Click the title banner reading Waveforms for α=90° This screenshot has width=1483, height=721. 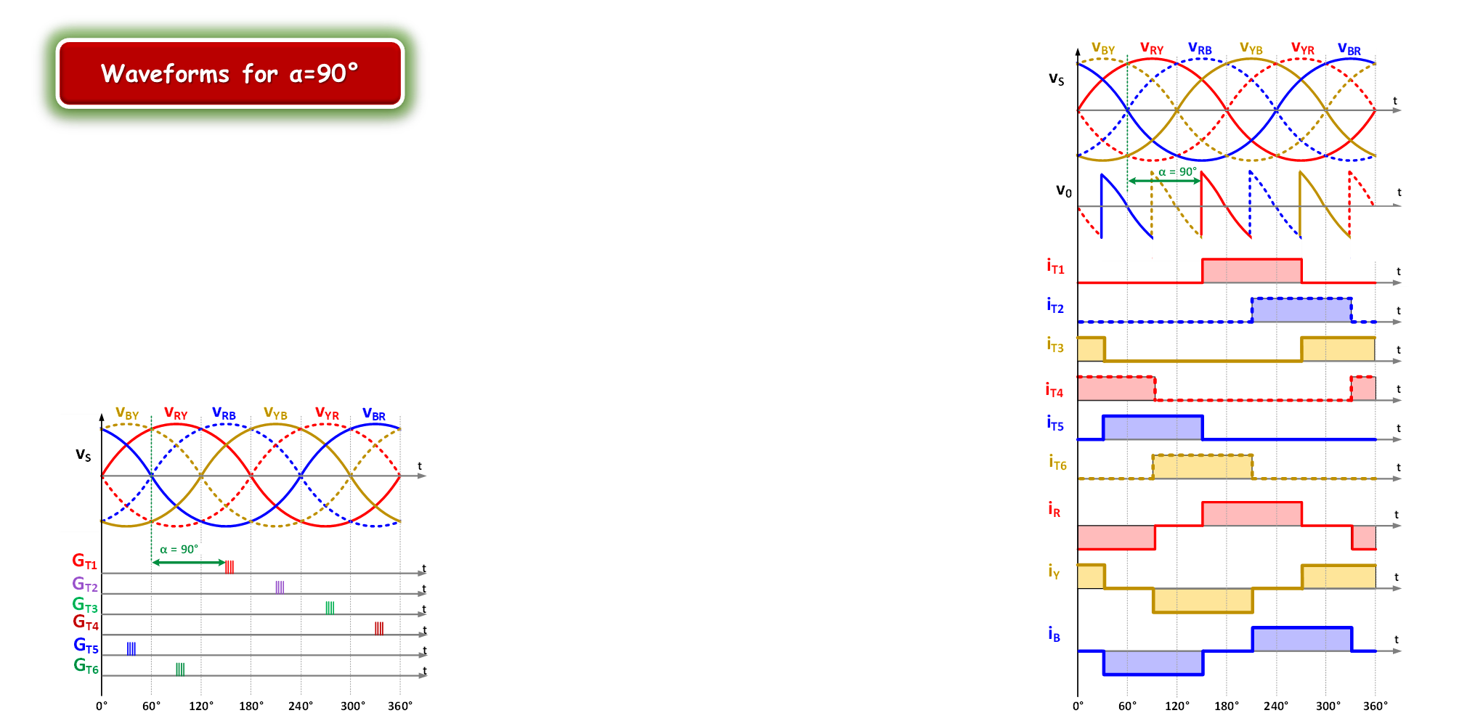(x=229, y=73)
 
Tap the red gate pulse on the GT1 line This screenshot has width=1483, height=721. (x=229, y=566)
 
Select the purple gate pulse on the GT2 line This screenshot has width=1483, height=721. (x=280, y=587)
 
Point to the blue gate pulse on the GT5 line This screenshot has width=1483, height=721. (x=131, y=648)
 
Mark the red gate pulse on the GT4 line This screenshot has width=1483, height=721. (x=379, y=628)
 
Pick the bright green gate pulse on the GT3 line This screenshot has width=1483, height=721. (x=330, y=608)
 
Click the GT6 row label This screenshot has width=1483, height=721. (x=86, y=666)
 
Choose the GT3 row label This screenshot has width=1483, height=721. (x=85, y=605)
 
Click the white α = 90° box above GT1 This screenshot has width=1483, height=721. (x=179, y=549)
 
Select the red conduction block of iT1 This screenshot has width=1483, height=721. (x=1251, y=271)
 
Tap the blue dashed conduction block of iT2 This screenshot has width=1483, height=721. (x=1301, y=310)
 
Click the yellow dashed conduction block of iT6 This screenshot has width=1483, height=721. (x=1202, y=467)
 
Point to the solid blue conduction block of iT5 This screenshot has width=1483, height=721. (x=1152, y=428)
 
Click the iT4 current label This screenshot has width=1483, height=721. (x=1054, y=390)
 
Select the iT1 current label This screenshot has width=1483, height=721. (x=1055, y=266)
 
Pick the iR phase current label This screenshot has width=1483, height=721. (x=1054, y=509)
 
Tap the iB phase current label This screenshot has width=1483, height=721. (x=1054, y=634)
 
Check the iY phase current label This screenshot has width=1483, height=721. (x=1054, y=571)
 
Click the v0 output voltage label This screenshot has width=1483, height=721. (x=1063, y=191)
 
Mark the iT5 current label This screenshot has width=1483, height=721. (x=1055, y=423)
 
